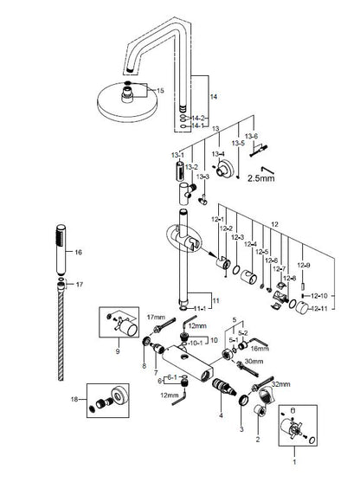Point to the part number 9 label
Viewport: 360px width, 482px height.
(x=118, y=352)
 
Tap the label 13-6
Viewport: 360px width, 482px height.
(x=250, y=136)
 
